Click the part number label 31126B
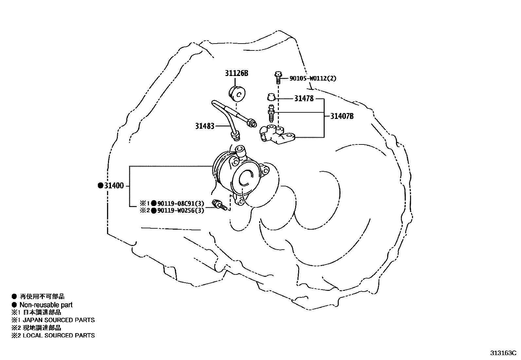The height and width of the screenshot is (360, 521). point(236,73)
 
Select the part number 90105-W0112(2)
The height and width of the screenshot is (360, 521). point(313,79)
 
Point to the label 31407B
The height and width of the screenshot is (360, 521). point(342,116)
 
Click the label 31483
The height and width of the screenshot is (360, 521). point(205,126)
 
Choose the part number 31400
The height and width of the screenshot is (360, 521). point(114,186)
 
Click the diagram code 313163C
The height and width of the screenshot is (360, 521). point(503,353)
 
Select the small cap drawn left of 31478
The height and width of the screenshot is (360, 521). point(270,97)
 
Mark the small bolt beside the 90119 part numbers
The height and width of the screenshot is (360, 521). point(219,205)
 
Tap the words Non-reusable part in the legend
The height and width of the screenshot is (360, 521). point(46,305)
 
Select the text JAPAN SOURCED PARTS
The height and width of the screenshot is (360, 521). point(59,320)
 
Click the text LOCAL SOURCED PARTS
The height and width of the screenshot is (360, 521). point(59,335)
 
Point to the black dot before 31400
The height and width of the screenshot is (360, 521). point(100,186)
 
